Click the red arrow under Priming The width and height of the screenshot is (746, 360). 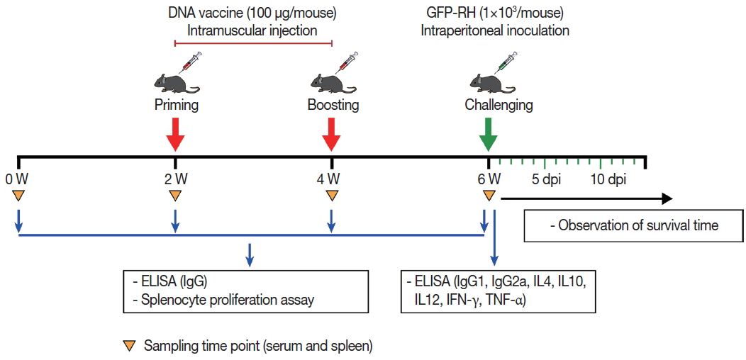pos(175,134)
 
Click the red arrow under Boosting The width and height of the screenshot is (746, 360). pos(331,134)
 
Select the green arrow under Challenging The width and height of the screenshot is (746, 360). pos(488,134)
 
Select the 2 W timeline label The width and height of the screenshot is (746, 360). pos(175,177)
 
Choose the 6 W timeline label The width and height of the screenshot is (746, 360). pos(488,177)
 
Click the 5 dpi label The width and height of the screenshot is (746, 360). pos(547,177)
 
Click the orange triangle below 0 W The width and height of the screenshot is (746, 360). pos(19,195)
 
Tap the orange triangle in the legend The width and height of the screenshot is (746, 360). pos(129,346)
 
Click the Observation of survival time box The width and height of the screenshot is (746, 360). pos(633,226)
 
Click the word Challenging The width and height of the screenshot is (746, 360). pos(499,106)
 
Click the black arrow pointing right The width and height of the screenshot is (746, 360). pos(586,199)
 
